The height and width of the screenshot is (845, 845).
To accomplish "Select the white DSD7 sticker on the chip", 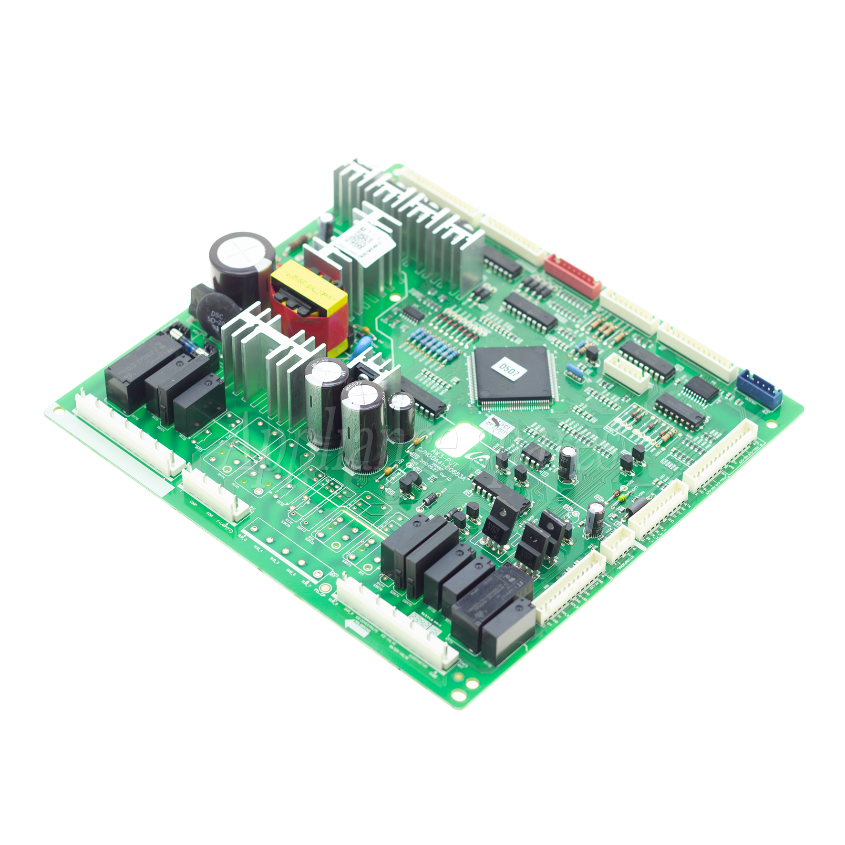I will coord(508,369).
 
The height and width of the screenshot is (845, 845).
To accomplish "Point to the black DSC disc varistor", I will coord(217,317).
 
